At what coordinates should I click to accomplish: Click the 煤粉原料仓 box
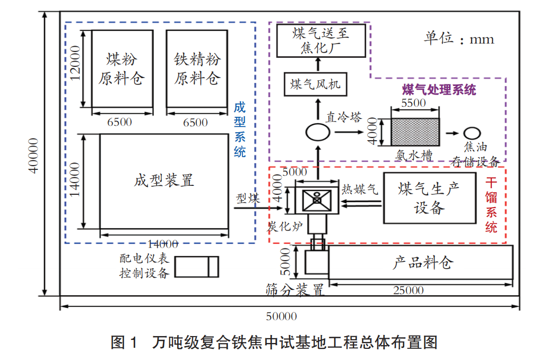pyautogui.click(x=122, y=68)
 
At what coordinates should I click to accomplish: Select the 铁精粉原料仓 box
pyautogui.click(x=197, y=68)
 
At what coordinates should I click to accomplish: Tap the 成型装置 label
pyautogui.click(x=164, y=180)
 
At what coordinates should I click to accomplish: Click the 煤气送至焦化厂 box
pyautogui.click(x=321, y=41)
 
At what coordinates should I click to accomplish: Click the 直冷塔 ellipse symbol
pyautogui.click(x=317, y=131)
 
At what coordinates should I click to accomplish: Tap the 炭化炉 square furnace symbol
pyautogui.click(x=316, y=200)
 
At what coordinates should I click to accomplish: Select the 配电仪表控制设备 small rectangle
pyautogui.click(x=196, y=267)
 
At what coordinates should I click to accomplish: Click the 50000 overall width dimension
pyautogui.click(x=281, y=317)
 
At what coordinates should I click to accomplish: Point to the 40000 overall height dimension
pyautogui.click(x=33, y=155)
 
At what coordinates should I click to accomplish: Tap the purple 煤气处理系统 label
pyautogui.click(x=439, y=89)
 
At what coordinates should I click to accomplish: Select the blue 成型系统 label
pyautogui.click(x=240, y=130)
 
